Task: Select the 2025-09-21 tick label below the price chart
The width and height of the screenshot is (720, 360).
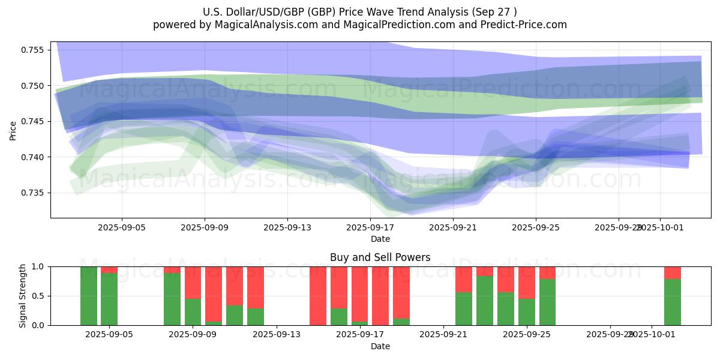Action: point(453,228)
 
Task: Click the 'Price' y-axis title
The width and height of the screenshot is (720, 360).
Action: point(13,130)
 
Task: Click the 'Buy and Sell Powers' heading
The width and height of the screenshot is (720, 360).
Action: point(380,257)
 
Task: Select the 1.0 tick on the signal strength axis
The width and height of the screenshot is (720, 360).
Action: point(38,266)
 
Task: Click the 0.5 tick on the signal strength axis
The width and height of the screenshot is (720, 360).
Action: point(38,296)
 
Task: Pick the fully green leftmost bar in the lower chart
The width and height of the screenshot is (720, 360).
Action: point(89,296)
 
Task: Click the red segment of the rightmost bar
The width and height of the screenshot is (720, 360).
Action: point(673,272)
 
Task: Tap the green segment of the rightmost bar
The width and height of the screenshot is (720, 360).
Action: point(673,302)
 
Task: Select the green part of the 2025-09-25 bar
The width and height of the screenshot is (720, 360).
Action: point(527,312)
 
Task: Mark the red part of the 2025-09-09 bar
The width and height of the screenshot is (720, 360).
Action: point(193,283)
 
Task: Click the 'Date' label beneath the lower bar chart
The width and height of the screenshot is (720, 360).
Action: point(380,346)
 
